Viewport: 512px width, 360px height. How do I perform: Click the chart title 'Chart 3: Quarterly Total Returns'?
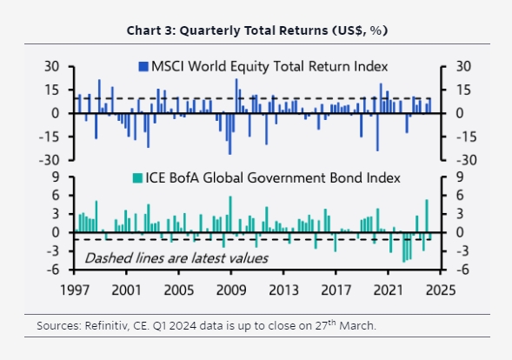click(227, 30)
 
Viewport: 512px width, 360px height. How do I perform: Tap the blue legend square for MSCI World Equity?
click(143, 67)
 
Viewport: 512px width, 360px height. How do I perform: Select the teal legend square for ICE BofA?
click(137, 178)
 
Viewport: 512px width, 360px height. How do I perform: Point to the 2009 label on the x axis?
click(231, 290)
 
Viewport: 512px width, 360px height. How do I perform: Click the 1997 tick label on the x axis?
click(75, 290)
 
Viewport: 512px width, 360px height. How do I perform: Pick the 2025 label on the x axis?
click(441, 290)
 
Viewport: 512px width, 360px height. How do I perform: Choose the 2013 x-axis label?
click(283, 290)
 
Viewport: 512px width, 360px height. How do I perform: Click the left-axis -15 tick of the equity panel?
click(49, 137)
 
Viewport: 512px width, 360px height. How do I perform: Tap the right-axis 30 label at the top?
click(463, 67)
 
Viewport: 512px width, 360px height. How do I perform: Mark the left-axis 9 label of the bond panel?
click(56, 177)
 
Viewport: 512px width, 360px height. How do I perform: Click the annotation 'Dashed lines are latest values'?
click(176, 258)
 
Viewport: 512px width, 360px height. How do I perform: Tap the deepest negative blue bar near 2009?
click(229, 134)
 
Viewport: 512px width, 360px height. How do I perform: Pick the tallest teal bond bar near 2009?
click(230, 214)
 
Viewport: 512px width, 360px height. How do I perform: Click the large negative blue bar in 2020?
click(377, 132)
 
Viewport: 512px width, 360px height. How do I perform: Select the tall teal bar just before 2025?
click(427, 216)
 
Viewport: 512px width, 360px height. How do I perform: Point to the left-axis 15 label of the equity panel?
click(52, 90)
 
